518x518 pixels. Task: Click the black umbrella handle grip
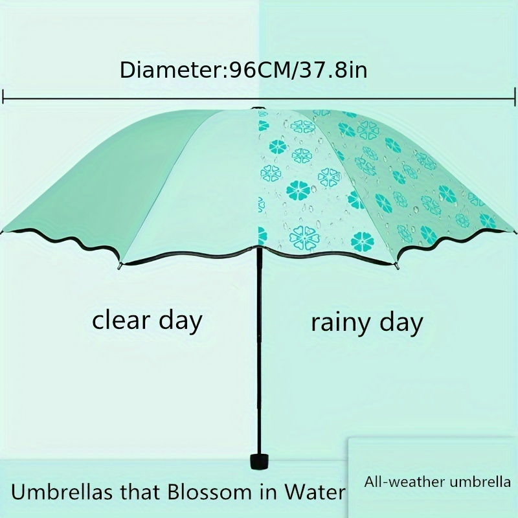[x=259, y=462]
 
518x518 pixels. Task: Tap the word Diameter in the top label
[x=172, y=70]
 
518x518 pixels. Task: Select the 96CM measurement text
[x=258, y=70]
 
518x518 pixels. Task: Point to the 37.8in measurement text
[x=333, y=70]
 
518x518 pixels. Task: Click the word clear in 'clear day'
[x=122, y=320]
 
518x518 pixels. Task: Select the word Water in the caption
[x=315, y=492]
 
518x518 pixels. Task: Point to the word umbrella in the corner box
[x=480, y=482]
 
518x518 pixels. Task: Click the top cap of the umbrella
[x=256, y=108]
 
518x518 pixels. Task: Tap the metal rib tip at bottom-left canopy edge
[x=120, y=266]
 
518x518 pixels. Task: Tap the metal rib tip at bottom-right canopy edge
[x=397, y=266]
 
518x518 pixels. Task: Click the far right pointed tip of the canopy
[x=515, y=231]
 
